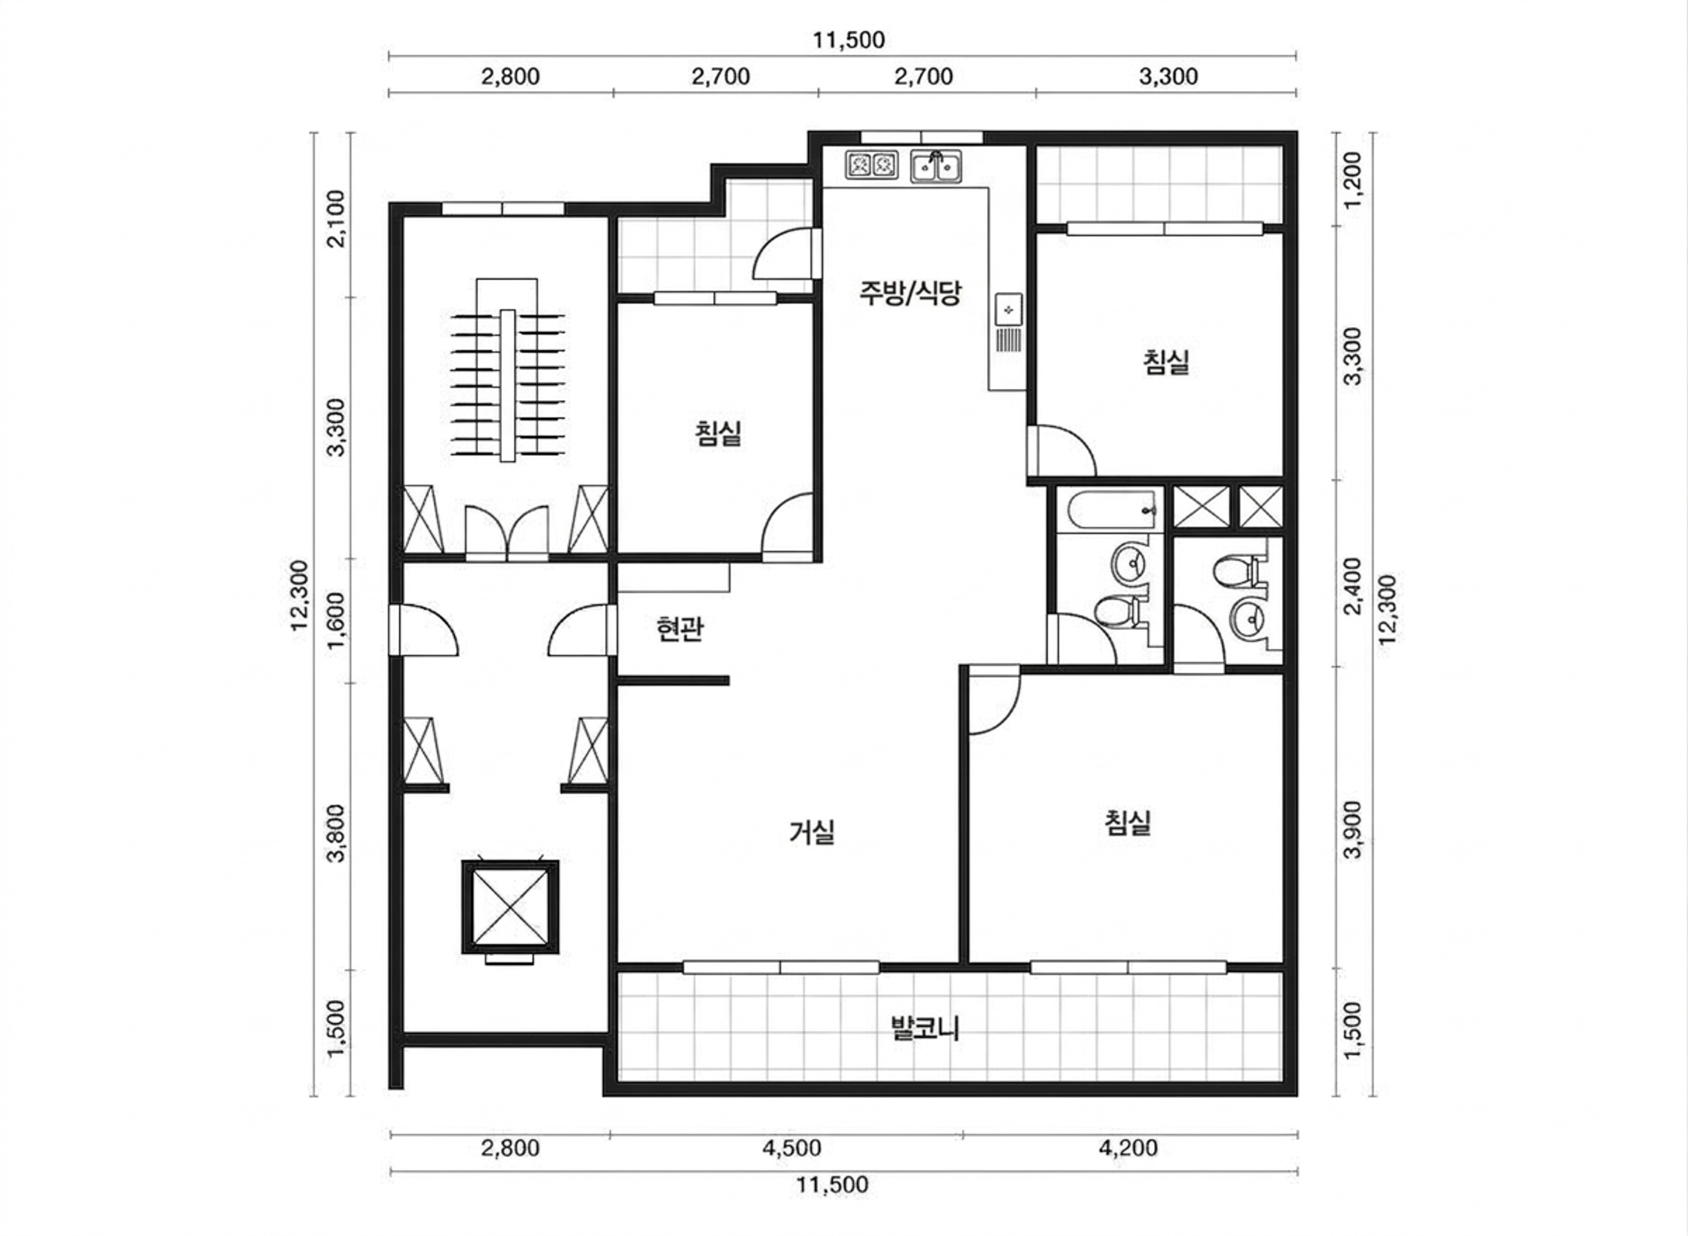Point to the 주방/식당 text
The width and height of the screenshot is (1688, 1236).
(x=909, y=292)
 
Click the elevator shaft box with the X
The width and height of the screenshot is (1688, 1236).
(x=510, y=907)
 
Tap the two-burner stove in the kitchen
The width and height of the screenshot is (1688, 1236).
(x=871, y=164)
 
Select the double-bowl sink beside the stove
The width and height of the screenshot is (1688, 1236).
(x=935, y=167)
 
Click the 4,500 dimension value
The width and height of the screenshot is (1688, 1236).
(x=791, y=1148)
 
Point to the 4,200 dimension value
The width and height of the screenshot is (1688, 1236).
(x=1128, y=1148)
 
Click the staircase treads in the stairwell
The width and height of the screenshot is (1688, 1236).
(x=508, y=385)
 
